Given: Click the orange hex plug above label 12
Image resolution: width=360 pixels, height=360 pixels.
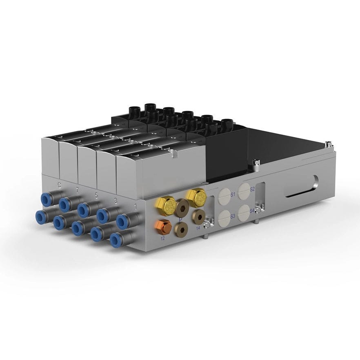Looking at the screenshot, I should click(x=163, y=226).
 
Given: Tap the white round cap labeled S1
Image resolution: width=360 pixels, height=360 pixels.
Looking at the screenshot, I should click(x=225, y=194).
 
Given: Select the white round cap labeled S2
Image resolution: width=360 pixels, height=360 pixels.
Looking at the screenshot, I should click(x=244, y=189).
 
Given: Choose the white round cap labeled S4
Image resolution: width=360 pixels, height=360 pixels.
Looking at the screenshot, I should click(x=244, y=211).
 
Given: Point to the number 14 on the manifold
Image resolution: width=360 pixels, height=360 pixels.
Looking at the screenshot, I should click(x=198, y=228).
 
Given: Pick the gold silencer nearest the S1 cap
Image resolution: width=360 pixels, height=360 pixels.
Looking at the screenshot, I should click(x=196, y=197).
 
